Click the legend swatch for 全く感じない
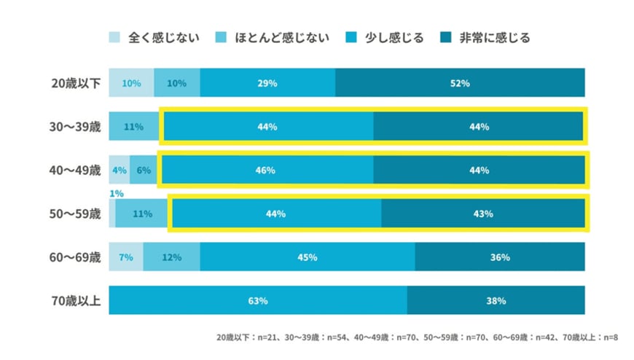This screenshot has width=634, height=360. click(x=115, y=37)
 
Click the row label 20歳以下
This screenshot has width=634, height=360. click(x=73, y=83)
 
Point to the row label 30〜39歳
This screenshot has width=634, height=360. click(x=73, y=127)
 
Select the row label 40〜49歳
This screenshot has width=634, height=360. click(x=73, y=171)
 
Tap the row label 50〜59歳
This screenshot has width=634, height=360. click(x=73, y=214)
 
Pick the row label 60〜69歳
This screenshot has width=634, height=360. click(x=73, y=257)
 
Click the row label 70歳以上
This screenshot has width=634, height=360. click(x=73, y=300)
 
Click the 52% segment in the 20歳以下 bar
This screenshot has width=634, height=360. click(x=460, y=83)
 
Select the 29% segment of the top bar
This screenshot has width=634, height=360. click(x=267, y=83)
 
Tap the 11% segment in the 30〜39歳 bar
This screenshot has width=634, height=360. click(x=134, y=127)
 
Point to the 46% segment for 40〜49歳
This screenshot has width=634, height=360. click(x=267, y=171)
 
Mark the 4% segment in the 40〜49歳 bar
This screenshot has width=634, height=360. click(x=120, y=171)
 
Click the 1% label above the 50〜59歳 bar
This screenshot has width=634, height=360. click(x=115, y=194)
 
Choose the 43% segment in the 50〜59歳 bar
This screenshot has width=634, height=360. click(x=483, y=214)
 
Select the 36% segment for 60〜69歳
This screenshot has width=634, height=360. click(x=499, y=257)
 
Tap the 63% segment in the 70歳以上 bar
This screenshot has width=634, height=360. click(x=258, y=300)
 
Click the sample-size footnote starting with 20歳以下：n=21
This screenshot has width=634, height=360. click(x=417, y=338)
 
